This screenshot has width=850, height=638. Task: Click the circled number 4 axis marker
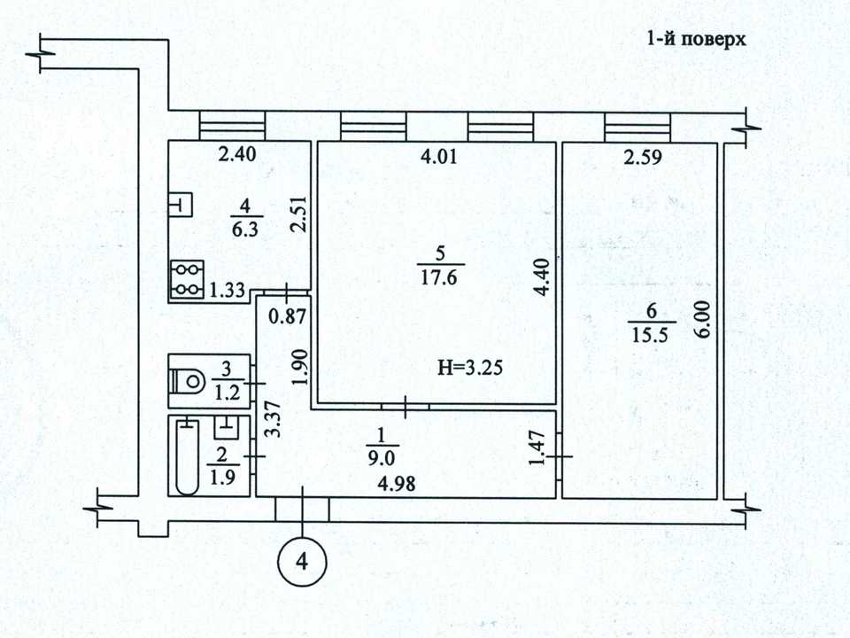302,561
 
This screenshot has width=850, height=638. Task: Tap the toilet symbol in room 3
187,380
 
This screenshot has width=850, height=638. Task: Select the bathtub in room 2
188,456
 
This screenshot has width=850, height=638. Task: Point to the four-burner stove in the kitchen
187,280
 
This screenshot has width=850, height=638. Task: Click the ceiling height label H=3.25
470,368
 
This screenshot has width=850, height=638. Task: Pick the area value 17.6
438,277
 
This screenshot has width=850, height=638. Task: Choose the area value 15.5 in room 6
650,335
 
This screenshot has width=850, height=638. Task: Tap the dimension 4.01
439,156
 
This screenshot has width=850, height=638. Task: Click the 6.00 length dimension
702,320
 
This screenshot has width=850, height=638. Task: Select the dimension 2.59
643,157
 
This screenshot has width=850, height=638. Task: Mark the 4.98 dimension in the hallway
397,484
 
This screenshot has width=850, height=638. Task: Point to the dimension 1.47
537,448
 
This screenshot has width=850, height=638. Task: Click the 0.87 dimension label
287,315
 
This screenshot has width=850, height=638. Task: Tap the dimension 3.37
275,419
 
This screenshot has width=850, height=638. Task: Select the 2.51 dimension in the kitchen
298,214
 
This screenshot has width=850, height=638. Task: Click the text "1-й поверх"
697,39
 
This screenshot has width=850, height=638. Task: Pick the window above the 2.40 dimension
233,127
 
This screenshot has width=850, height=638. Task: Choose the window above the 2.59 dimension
637,128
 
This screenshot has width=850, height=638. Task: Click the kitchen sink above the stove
180,205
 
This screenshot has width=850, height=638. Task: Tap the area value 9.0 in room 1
381,459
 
